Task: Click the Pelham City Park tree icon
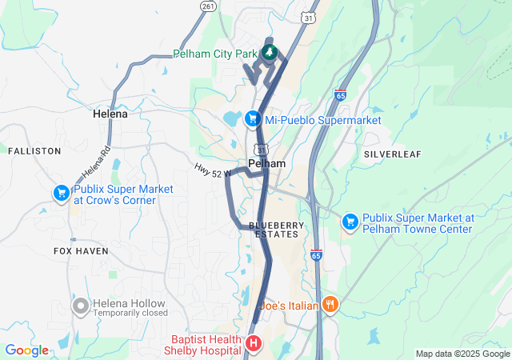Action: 270,54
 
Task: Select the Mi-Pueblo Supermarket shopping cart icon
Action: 253,119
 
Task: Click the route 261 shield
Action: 208,6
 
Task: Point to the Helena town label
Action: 110,114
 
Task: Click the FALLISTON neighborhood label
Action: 34,150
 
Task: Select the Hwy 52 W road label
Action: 212,170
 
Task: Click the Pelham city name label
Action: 266,163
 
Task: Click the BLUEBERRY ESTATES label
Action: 277,230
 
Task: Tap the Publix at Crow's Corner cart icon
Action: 61,193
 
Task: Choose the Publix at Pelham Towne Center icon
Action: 350,221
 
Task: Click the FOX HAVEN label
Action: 81,250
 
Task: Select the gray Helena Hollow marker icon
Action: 80,306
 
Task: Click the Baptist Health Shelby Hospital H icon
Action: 254,343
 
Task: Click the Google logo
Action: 26,350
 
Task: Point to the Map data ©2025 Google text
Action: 462,354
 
